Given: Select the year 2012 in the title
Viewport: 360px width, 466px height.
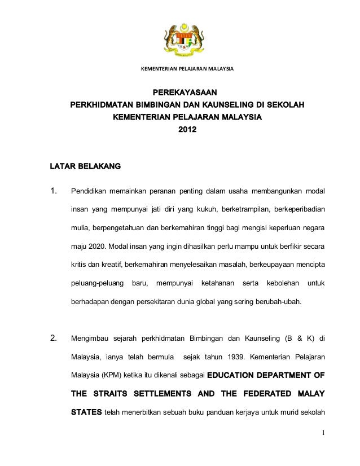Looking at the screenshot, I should [x=187, y=130].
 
